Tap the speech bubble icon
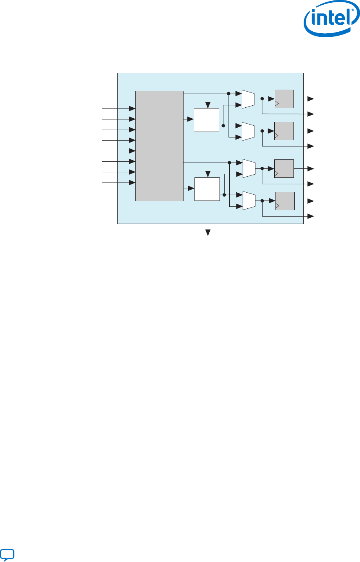pos(7,554)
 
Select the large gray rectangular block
pos(159,146)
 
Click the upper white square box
pos(206,120)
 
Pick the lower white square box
pos(207,189)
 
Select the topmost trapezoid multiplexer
pos(248,99)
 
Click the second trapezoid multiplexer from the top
pos(248,131)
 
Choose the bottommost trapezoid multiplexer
pos(249,201)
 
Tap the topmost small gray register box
pos(284,99)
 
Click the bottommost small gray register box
pos(285,201)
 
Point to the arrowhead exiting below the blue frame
pos(208,233)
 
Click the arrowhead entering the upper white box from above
pos(208,105)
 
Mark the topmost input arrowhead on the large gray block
pos(133,108)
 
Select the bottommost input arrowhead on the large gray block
pos(133,183)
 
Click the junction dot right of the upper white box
pos(223,125)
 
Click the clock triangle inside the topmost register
pos(277,104)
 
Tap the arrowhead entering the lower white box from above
pos(209,174)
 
